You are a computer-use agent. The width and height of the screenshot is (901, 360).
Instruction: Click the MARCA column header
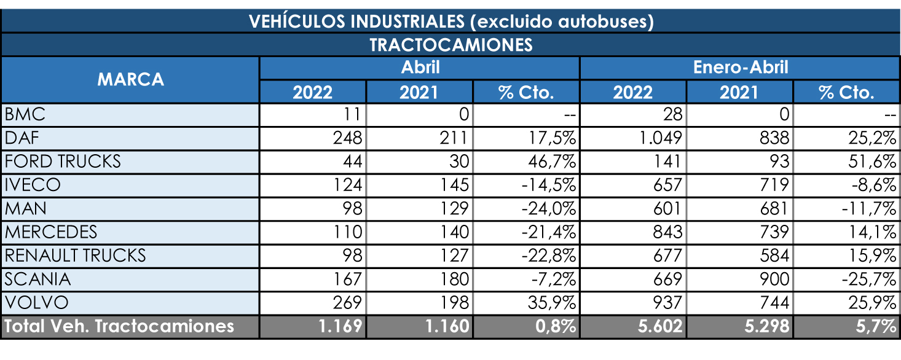[130, 79]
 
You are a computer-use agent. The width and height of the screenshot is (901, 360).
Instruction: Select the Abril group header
[420, 67]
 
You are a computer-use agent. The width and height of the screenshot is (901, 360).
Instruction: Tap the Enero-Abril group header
[740, 67]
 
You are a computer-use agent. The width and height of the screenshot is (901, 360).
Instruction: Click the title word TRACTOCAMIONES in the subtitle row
[450, 45]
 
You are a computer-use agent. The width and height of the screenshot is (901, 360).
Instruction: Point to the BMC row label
[25, 114]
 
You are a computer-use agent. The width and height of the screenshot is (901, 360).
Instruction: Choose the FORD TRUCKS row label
[63, 162]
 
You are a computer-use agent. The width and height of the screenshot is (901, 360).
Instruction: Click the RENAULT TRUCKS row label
[75, 255]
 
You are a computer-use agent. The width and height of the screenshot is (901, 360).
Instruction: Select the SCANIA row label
[38, 279]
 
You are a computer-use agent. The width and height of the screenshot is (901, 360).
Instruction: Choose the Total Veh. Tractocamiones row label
[119, 326]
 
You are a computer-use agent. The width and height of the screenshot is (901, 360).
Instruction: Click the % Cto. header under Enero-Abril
[846, 92]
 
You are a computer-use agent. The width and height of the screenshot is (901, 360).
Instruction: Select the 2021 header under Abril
[419, 92]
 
